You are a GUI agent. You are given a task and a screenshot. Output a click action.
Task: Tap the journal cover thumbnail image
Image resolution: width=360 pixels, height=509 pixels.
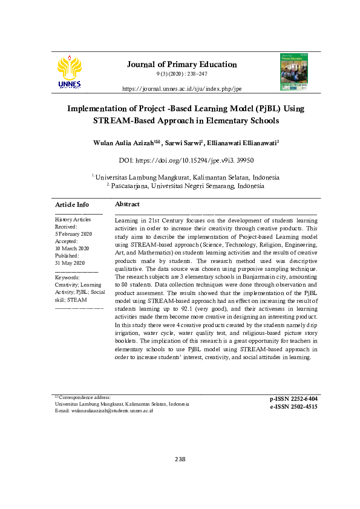[x=293, y=72]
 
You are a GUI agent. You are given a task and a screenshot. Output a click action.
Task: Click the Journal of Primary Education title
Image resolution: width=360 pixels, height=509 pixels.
[x=182, y=64]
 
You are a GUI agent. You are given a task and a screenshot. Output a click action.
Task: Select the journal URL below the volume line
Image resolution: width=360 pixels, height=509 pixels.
[x=182, y=88]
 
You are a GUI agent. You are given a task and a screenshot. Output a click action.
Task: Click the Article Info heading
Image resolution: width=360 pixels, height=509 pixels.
[x=72, y=204]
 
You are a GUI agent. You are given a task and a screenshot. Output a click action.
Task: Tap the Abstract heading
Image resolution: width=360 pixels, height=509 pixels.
[x=127, y=204]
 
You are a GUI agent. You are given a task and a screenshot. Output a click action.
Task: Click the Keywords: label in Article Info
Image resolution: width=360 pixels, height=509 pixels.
[x=67, y=277]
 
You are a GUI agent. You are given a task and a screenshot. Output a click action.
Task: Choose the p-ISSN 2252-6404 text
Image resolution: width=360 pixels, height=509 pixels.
[x=293, y=399]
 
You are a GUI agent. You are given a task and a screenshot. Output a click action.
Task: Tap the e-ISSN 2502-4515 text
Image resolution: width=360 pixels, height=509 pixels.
[x=293, y=407]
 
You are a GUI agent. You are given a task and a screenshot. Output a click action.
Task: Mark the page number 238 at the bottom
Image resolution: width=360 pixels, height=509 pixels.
[x=180, y=459]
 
